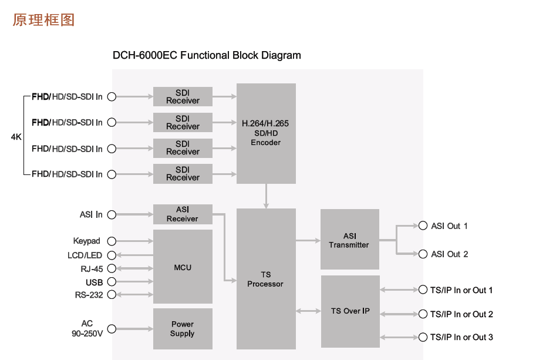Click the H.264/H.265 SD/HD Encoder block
coord(266,133)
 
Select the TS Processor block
coord(266,279)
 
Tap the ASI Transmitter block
coord(349,240)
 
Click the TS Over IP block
coord(350,311)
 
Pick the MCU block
coord(183,267)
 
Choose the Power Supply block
coord(183,329)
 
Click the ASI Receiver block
coord(183,214)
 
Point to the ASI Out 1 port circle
coord(423,226)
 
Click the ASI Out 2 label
coord(450,254)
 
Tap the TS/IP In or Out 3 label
coord(461,337)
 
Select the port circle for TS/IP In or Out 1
coord(423,290)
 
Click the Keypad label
coord(87,241)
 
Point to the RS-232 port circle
coord(112,294)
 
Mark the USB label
coord(94,282)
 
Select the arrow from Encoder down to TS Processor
coord(266,196)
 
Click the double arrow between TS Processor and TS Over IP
coord(308,311)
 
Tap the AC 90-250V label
coord(87,329)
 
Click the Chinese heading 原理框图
coord(43,20)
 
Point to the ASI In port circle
coord(112,214)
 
